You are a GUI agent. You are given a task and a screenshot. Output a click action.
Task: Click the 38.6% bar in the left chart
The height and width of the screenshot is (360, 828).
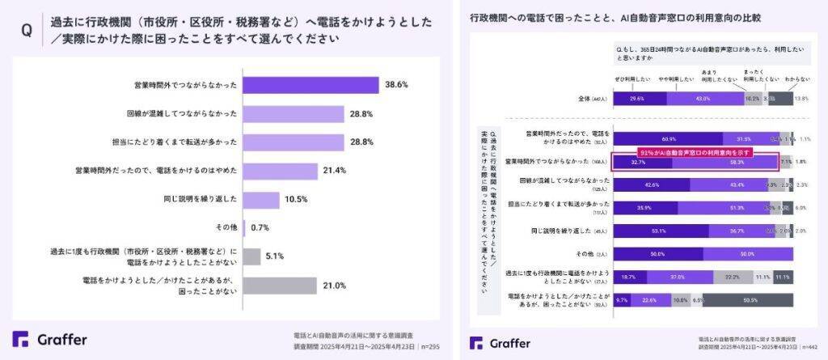[x=310, y=85]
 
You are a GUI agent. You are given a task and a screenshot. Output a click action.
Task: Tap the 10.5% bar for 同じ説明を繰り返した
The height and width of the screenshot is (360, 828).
[x=261, y=200]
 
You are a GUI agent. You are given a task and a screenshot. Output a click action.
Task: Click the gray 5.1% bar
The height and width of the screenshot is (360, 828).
[x=251, y=256]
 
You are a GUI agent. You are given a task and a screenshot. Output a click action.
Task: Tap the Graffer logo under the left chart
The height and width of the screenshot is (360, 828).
[x=50, y=339]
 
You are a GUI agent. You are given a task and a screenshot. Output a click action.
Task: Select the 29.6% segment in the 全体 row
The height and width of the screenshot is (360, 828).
[x=640, y=99]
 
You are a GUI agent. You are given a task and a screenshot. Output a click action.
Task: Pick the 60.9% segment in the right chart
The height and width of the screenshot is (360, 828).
[x=668, y=139]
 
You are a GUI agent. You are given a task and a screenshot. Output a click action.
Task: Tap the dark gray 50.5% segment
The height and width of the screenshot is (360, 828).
[x=750, y=300]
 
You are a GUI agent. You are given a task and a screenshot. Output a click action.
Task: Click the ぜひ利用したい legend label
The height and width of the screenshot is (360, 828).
[x=630, y=78]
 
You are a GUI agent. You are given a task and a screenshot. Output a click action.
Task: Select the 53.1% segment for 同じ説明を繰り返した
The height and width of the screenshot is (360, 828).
[x=657, y=231]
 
